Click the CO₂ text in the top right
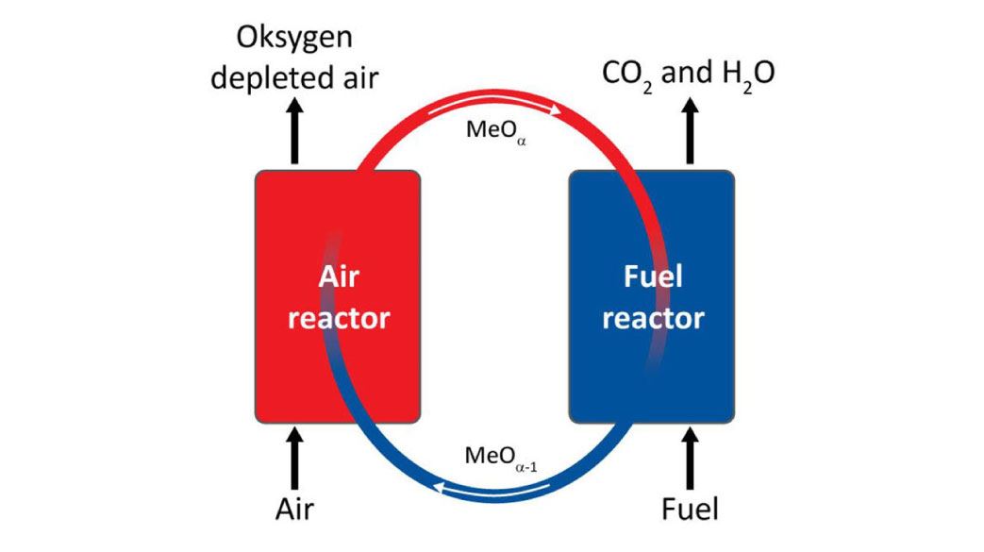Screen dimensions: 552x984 click(624, 73)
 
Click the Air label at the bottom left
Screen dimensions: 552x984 click(294, 510)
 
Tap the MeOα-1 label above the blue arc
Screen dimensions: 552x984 click(501, 458)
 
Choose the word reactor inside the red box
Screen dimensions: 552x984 click(338, 318)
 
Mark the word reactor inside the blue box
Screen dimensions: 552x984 click(653, 318)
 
